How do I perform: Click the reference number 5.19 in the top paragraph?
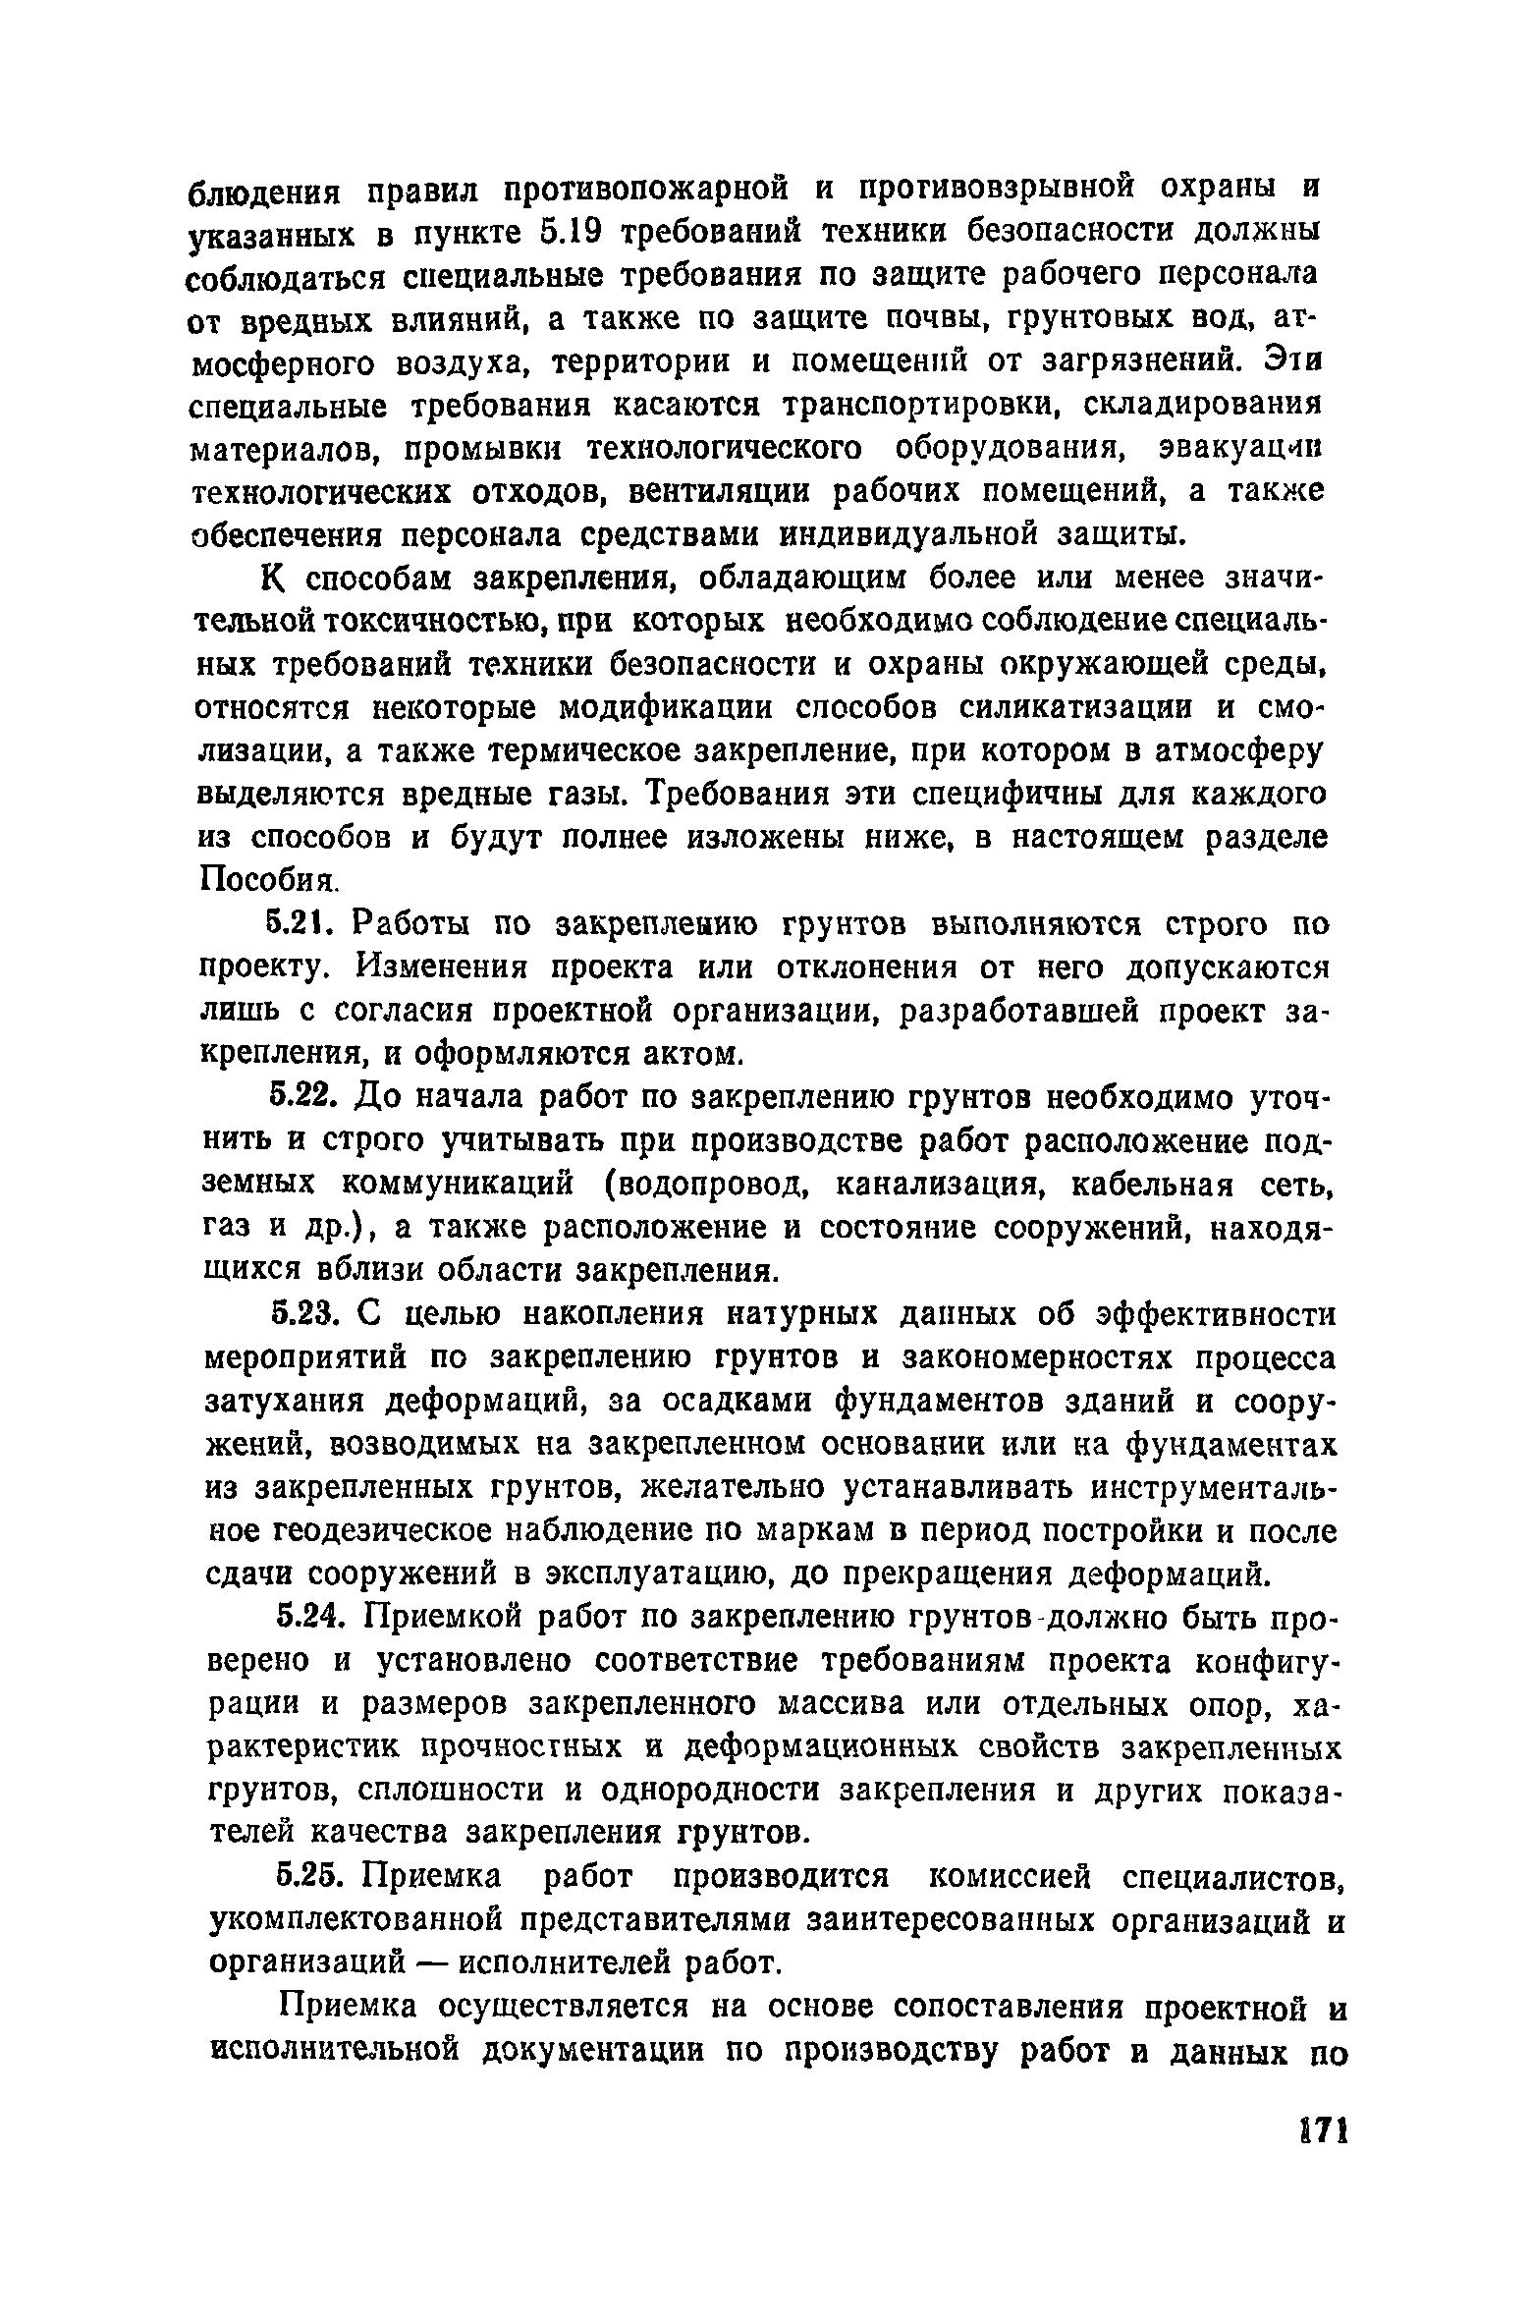click(570, 232)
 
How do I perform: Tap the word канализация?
click(944, 1184)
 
